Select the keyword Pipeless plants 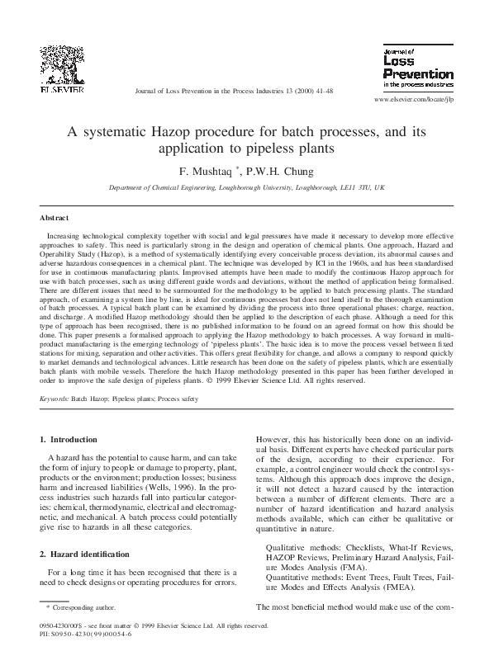point(136,398)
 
